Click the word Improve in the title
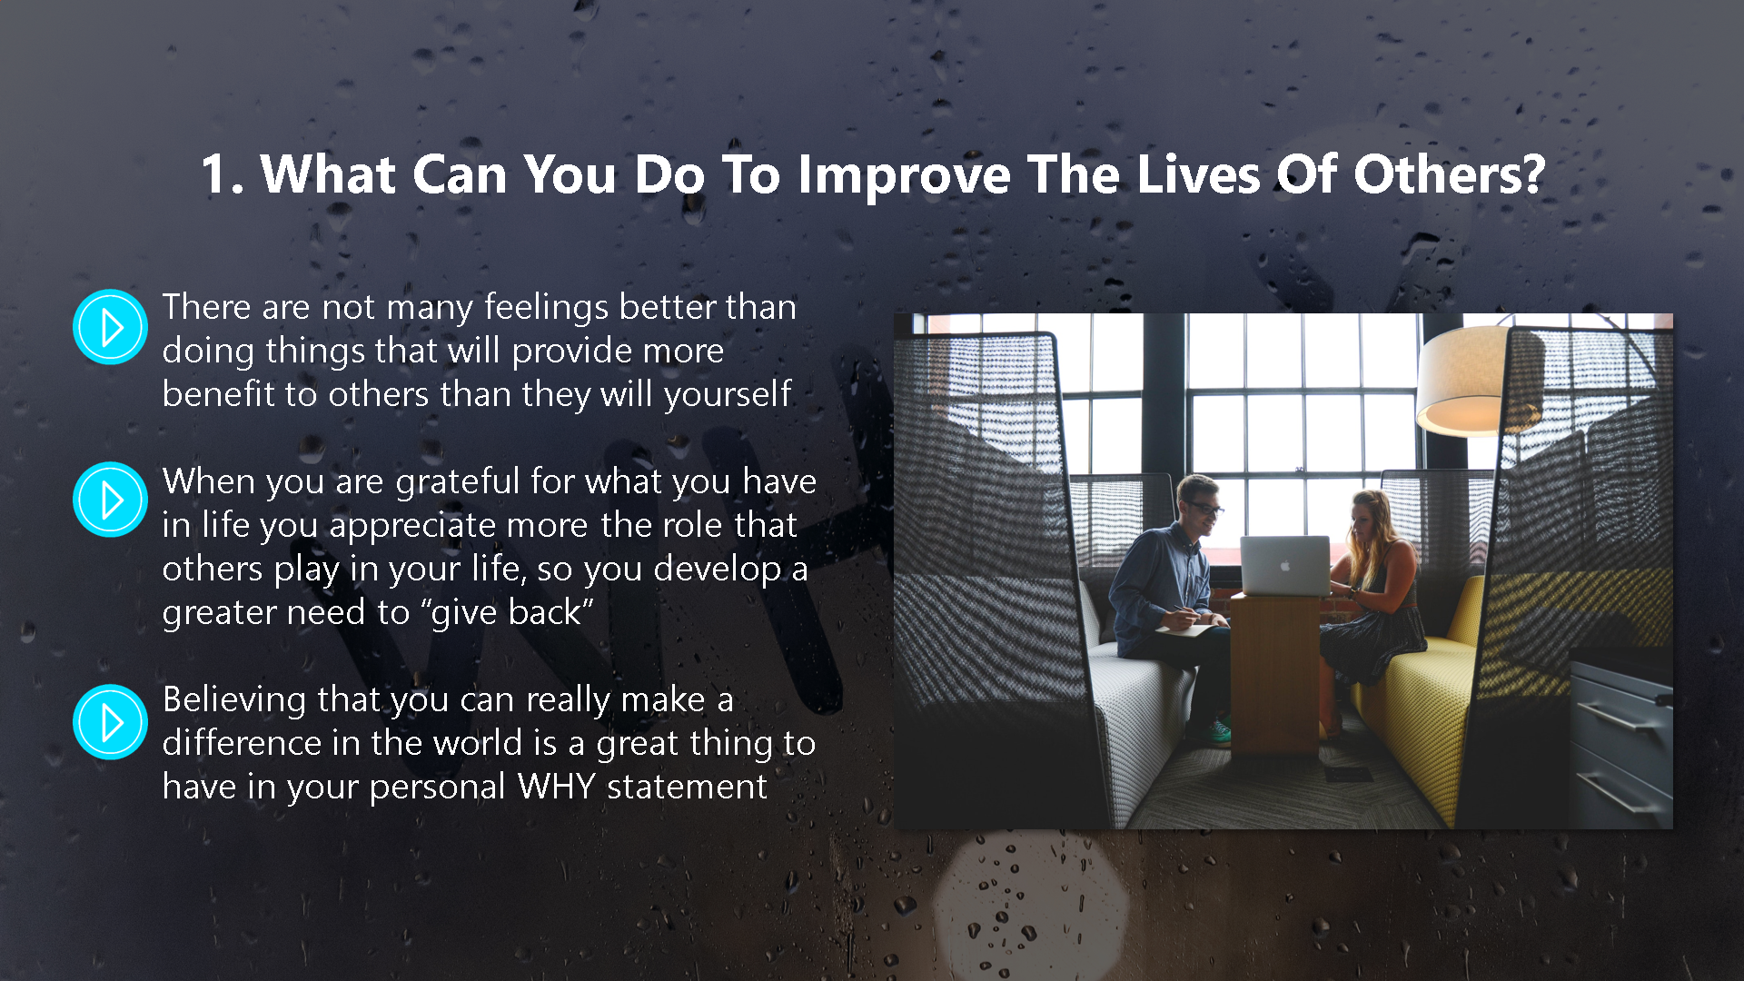[x=904, y=175]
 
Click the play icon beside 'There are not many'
[x=110, y=327]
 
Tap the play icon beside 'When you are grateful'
[x=110, y=500]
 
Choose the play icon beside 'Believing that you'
[x=110, y=722]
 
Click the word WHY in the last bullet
[x=556, y=787]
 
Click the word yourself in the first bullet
[x=728, y=396]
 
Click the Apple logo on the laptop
[x=1285, y=565]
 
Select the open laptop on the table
[x=1284, y=565]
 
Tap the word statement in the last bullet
[x=687, y=788]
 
